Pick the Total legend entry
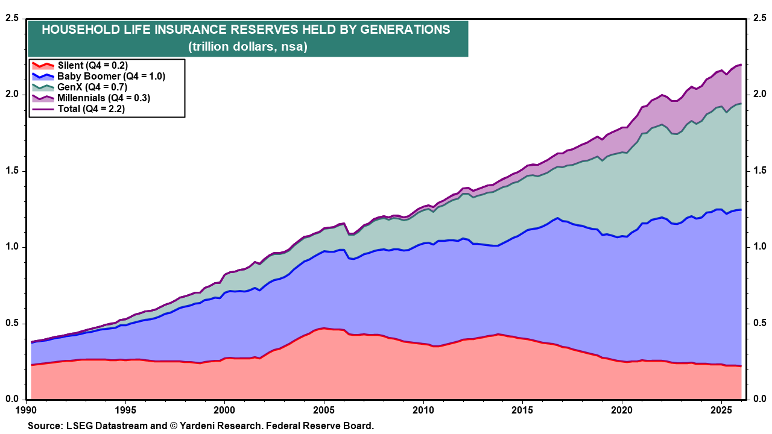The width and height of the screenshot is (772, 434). pyautogui.click(x=90, y=108)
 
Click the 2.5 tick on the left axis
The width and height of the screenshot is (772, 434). pyautogui.click(x=11, y=18)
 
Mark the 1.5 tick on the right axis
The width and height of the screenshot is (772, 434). pyautogui.click(x=759, y=171)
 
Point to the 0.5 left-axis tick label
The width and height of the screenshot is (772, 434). pyautogui.click(x=11, y=323)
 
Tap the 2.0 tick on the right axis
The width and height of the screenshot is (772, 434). pyautogui.click(x=759, y=95)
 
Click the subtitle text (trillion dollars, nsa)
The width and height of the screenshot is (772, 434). pyautogui.click(x=247, y=46)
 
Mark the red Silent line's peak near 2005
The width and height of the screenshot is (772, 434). pyautogui.click(x=324, y=329)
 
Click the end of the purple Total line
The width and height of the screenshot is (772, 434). pyautogui.click(x=741, y=64)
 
